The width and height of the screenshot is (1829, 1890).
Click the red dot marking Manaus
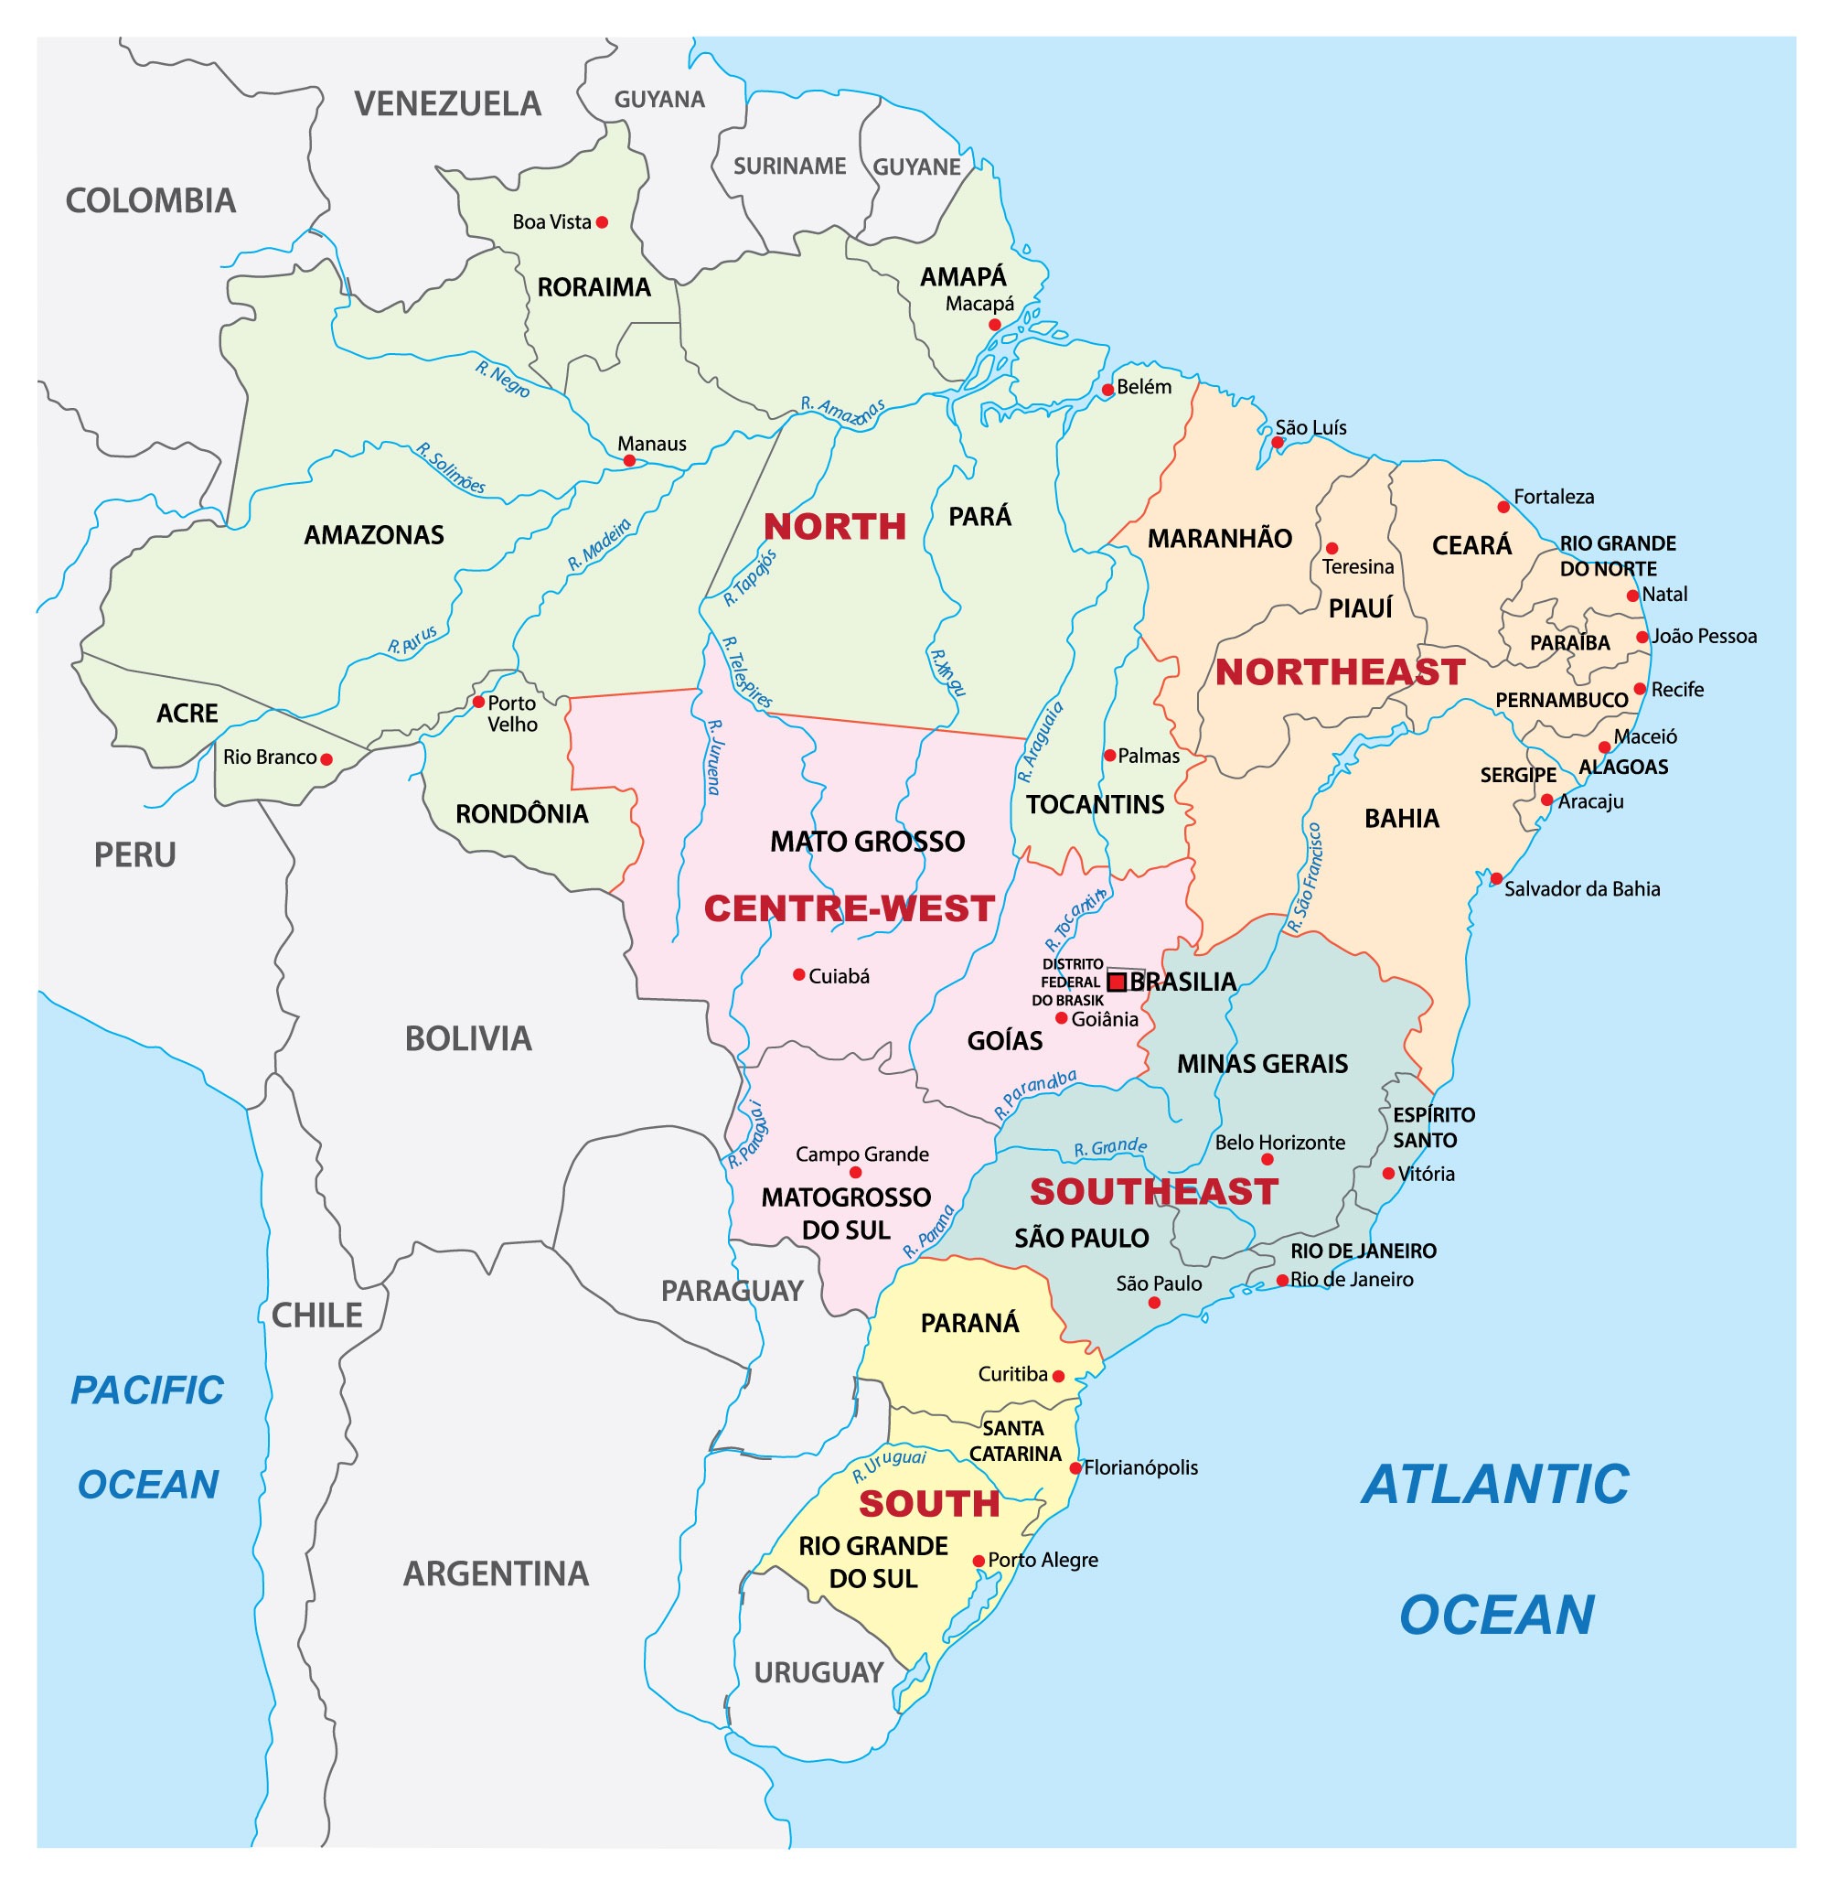628,461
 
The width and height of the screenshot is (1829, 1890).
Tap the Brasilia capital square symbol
1117,982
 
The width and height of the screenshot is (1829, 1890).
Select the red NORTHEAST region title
1339,672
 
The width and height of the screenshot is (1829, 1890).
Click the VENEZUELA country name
447,104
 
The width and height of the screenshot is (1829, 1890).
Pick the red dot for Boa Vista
602,221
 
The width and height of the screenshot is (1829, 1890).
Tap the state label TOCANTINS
1095,804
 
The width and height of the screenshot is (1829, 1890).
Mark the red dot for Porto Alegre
979,1561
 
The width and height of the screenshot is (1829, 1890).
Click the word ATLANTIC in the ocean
1494,1485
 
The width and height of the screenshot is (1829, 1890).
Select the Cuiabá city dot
798,975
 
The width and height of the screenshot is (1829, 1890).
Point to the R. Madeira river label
599,545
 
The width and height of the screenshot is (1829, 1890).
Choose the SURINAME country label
788,166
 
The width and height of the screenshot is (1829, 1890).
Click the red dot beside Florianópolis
1075,1467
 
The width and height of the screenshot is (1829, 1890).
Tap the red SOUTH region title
928,1503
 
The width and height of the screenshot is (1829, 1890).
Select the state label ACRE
187,714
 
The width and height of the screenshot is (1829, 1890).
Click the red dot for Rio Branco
326,759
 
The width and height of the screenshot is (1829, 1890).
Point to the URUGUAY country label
818,1672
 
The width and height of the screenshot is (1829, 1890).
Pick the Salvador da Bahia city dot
1495,877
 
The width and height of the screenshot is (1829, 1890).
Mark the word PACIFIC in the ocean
147,1391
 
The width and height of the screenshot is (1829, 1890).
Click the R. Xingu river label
947,672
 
